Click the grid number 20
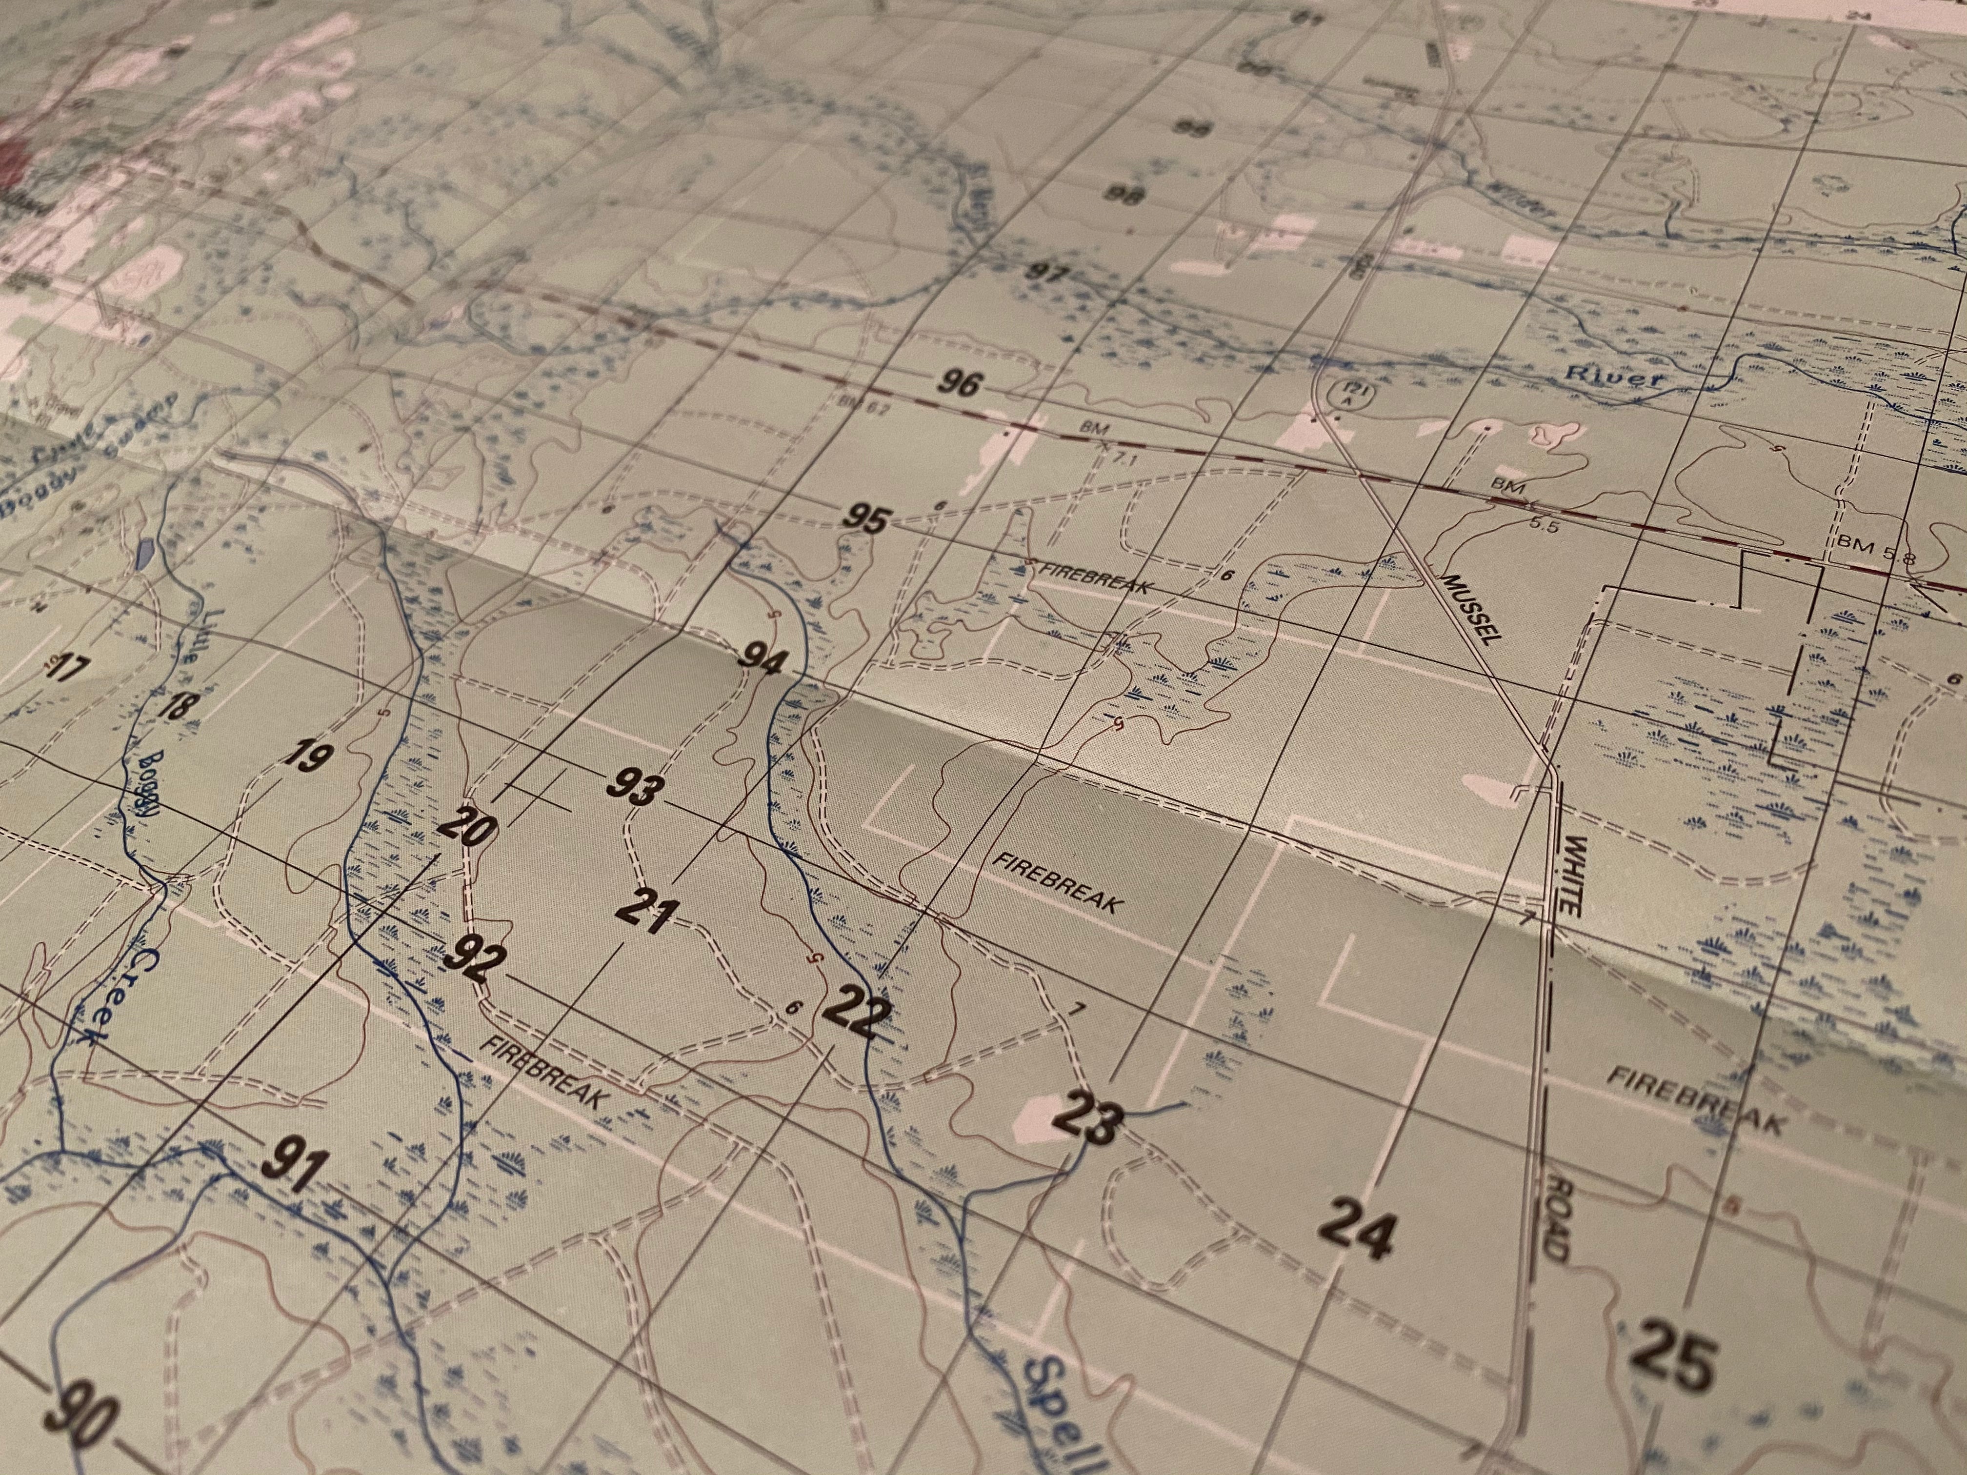469,825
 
